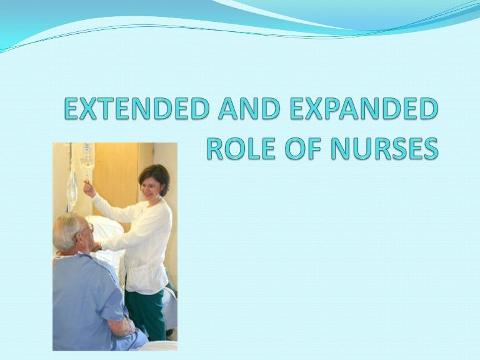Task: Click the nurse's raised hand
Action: (x=89, y=187)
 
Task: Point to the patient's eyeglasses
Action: (x=88, y=229)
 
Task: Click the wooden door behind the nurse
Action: (x=115, y=175)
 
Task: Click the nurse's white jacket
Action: (x=147, y=244)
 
